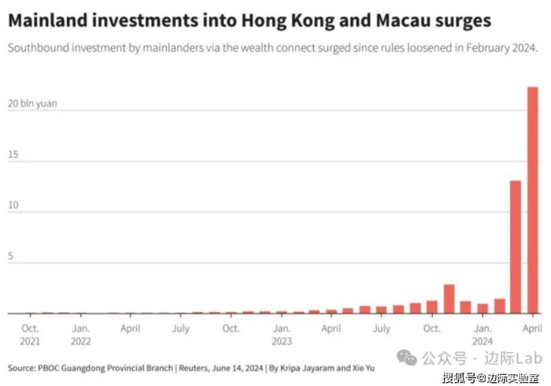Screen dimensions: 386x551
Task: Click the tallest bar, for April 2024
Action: (x=532, y=200)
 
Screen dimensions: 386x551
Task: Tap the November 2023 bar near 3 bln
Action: (x=449, y=299)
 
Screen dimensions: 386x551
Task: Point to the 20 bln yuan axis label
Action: (x=32, y=103)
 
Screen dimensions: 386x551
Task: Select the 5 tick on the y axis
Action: (x=13, y=256)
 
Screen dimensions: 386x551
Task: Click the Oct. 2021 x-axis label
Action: (x=31, y=334)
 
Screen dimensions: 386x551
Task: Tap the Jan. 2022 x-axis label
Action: (x=80, y=334)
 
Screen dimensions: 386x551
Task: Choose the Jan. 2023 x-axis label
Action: (x=281, y=334)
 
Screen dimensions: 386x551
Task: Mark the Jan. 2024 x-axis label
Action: (x=483, y=334)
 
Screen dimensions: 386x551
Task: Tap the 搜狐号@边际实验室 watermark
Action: (x=491, y=377)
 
